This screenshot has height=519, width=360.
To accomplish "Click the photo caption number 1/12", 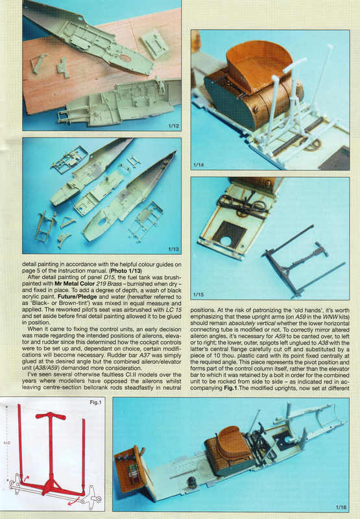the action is (x=173, y=126).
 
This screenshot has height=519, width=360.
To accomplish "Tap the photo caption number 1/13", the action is (x=173, y=249).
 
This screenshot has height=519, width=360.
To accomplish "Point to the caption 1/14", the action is (x=198, y=165).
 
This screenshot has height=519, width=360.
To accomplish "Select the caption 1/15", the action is (x=198, y=295).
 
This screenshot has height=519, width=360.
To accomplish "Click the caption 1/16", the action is (x=341, y=507).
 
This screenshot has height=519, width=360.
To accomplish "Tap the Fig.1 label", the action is (x=95, y=402).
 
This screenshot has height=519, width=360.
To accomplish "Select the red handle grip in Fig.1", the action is (x=51, y=416).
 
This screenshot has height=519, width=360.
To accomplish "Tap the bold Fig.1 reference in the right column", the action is (x=230, y=388).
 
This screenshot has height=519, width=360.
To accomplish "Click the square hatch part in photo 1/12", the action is (x=154, y=44).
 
